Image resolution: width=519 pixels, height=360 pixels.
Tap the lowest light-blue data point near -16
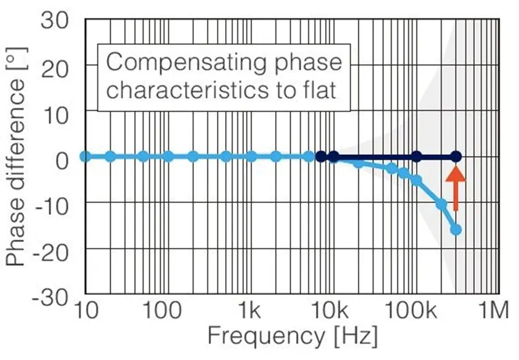point(456,230)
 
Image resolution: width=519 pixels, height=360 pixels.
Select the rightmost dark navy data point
point(456,156)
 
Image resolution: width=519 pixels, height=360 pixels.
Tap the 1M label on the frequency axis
point(492,311)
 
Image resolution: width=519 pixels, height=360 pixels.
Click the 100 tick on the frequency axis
point(162,311)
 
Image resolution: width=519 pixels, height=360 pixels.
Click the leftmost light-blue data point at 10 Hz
point(85,156)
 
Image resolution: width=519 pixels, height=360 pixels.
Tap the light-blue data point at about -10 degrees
point(441,204)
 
